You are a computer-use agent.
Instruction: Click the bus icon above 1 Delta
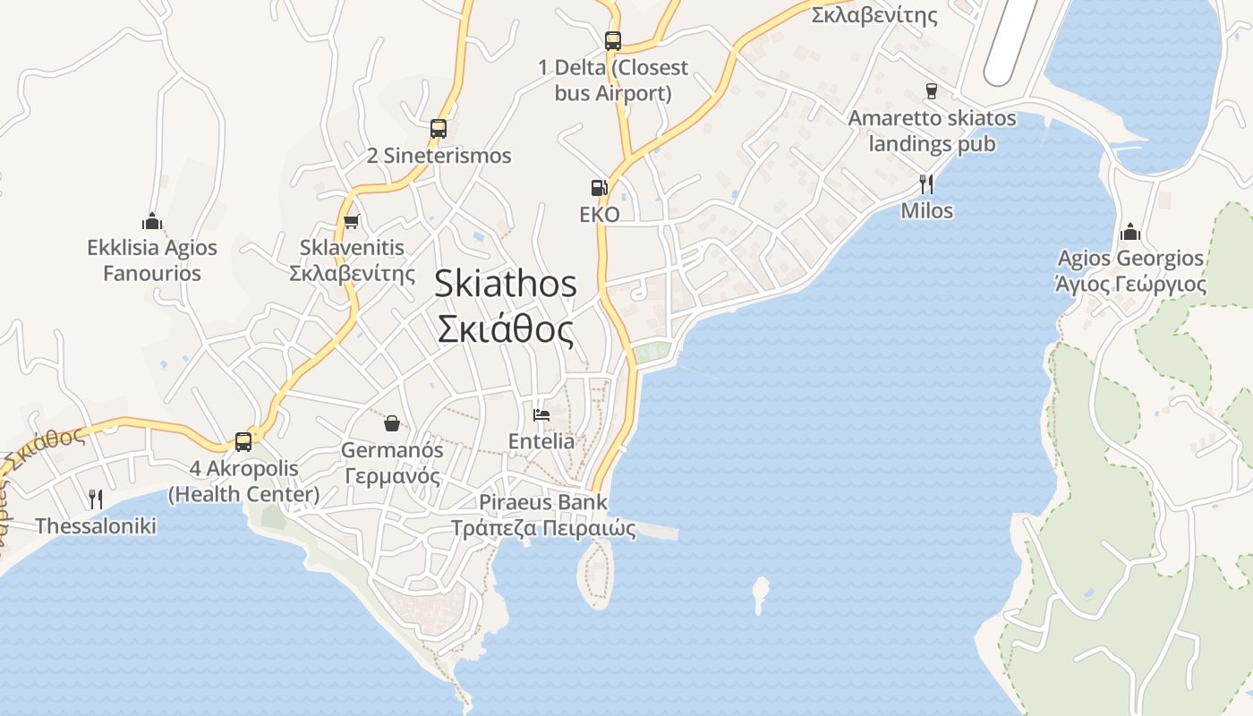coord(612,40)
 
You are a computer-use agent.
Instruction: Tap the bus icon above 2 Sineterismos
coord(438,128)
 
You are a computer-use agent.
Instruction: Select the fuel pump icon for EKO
coord(599,188)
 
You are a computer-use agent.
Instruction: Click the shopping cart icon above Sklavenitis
coord(352,221)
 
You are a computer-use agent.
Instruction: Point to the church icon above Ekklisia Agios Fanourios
coord(152,221)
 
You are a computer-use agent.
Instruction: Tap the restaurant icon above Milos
coord(926,184)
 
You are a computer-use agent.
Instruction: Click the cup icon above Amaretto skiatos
coord(932,91)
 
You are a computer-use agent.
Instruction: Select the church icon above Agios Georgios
coord(1130,232)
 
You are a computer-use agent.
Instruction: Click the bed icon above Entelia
coord(541,414)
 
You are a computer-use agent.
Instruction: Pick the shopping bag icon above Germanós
coord(391,422)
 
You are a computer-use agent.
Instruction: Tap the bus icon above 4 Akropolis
coord(243,441)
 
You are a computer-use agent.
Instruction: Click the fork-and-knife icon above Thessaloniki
coord(96,499)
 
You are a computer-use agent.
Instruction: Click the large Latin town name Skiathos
coord(506,284)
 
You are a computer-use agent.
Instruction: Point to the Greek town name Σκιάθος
coord(506,329)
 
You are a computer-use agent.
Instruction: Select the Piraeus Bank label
coord(542,502)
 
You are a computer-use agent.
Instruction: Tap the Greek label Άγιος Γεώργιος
coord(1130,285)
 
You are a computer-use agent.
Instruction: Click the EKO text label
coord(600,215)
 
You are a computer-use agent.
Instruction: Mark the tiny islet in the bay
coord(761,592)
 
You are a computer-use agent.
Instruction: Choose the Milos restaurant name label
coord(926,211)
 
